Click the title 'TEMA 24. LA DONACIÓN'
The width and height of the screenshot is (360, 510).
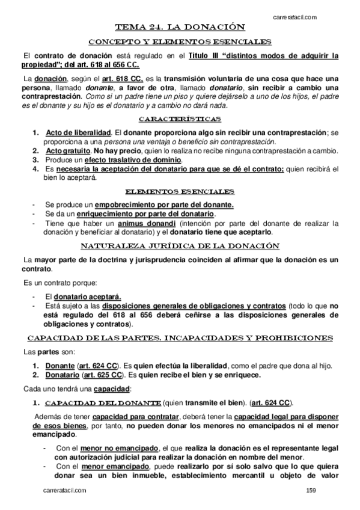pos(180,26)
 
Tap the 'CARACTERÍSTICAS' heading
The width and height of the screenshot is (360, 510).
pos(180,118)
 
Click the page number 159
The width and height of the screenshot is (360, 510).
pos(311,491)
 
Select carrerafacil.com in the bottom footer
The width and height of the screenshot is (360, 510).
pos(65,491)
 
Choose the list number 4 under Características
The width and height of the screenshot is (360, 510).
pos(36,170)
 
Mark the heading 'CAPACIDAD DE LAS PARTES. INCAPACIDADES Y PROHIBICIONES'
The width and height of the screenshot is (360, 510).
pos(180,338)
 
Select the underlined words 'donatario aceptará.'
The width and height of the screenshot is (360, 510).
pos(87,296)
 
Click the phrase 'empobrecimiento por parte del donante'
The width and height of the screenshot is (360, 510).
pos(155,204)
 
